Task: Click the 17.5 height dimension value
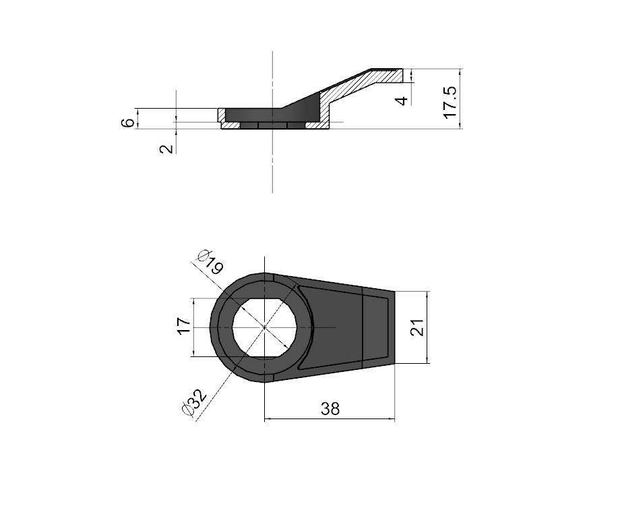coord(450,102)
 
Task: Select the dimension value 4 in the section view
coord(402,101)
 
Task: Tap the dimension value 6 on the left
coord(127,123)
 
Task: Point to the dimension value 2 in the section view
coord(167,148)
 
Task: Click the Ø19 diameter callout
coord(210,262)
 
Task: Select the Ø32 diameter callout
coord(194,402)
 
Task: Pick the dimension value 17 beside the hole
coord(184,326)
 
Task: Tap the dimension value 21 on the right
coord(417,327)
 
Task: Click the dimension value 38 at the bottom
coord(330,409)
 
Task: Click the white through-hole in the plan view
coord(264,327)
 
